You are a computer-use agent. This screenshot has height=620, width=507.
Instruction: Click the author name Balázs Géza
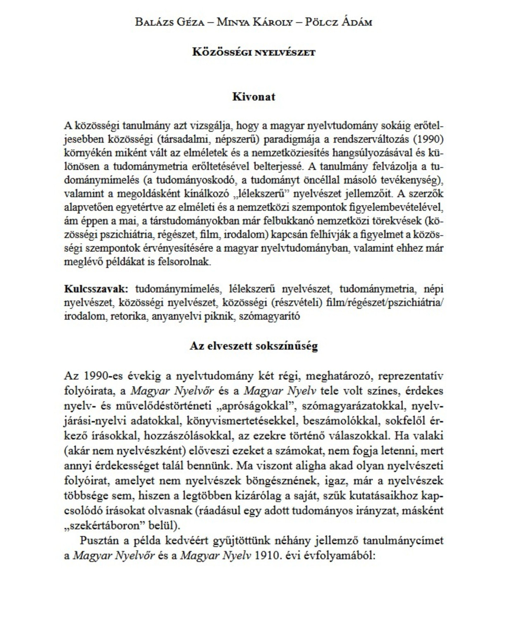coord(170,22)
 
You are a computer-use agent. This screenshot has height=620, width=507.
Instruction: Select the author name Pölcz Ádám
coord(338,22)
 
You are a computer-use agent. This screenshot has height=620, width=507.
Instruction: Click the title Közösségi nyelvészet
coord(253,52)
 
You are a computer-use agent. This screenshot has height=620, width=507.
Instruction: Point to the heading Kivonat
coord(253,97)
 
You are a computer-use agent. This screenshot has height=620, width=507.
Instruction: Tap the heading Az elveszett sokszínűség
coord(253,346)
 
